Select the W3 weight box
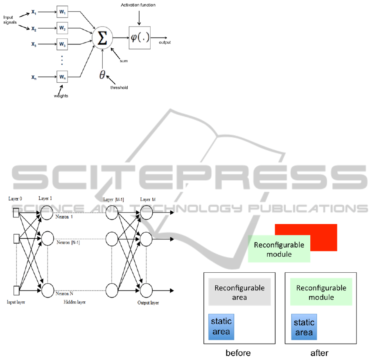point(62,43)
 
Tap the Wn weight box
point(62,76)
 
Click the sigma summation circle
point(102,38)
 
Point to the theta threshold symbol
point(102,75)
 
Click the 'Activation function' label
point(138,5)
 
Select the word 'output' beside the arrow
point(165,43)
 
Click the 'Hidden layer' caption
point(75,302)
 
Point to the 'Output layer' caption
point(148,303)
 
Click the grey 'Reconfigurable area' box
point(239,292)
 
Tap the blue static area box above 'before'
point(221,327)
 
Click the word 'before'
point(238,352)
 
